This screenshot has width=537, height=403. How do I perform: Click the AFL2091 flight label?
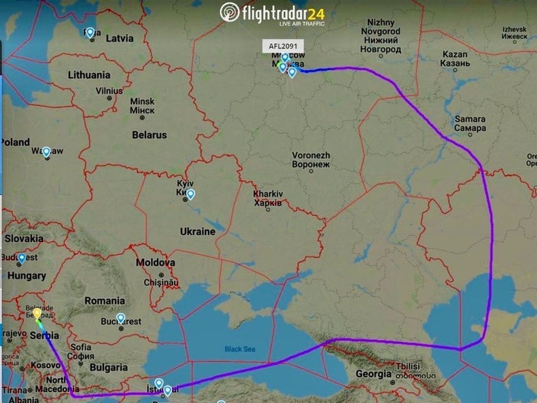(x=281, y=46)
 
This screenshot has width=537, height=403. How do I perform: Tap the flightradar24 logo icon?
(x=230, y=12)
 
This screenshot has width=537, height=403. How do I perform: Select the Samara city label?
(x=470, y=124)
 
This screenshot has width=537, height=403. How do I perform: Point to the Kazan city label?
(x=455, y=58)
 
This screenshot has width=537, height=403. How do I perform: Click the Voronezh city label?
(x=311, y=160)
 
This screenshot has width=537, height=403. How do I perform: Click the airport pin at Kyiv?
(x=191, y=194)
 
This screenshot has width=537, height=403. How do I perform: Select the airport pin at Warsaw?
(x=46, y=152)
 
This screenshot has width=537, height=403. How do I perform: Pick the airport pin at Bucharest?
(x=121, y=317)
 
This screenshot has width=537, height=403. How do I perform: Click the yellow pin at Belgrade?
(x=37, y=315)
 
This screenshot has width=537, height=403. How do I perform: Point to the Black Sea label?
(x=240, y=349)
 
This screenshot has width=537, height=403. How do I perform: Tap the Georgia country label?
(x=374, y=374)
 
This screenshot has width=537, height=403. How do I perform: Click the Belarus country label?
(x=150, y=135)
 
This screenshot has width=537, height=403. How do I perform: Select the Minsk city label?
(x=142, y=105)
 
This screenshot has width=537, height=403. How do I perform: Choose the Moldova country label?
(x=156, y=262)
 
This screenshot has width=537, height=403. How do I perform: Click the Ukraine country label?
(x=197, y=232)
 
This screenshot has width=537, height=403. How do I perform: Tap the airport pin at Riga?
(x=90, y=32)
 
